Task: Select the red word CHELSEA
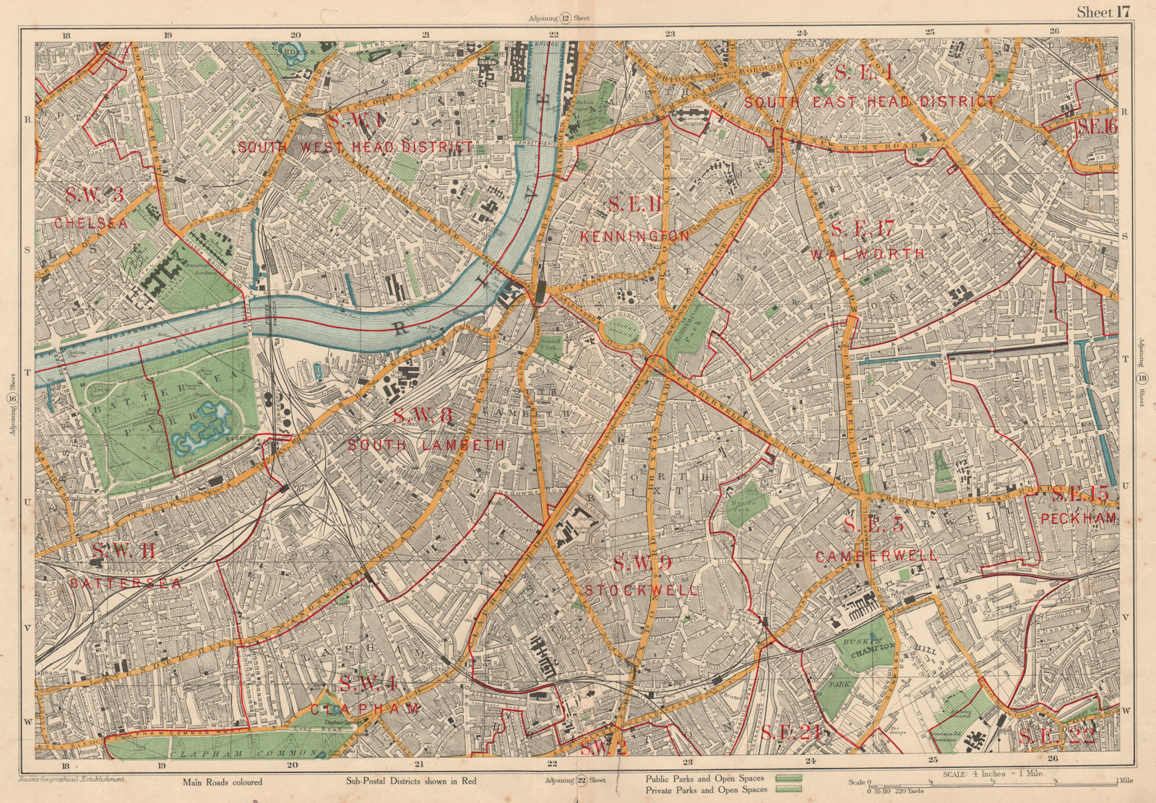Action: coord(91,224)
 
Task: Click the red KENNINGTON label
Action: coord(635,236)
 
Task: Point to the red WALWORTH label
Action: coord(867,254)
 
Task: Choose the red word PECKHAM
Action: coord(1079,518)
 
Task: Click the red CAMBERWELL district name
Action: coord(876,556)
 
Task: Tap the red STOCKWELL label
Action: coord(641,590)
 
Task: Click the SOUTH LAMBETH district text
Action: coord(426,446)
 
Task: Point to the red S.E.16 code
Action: coord(1097,126)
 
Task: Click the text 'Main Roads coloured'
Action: coord(223,781)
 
